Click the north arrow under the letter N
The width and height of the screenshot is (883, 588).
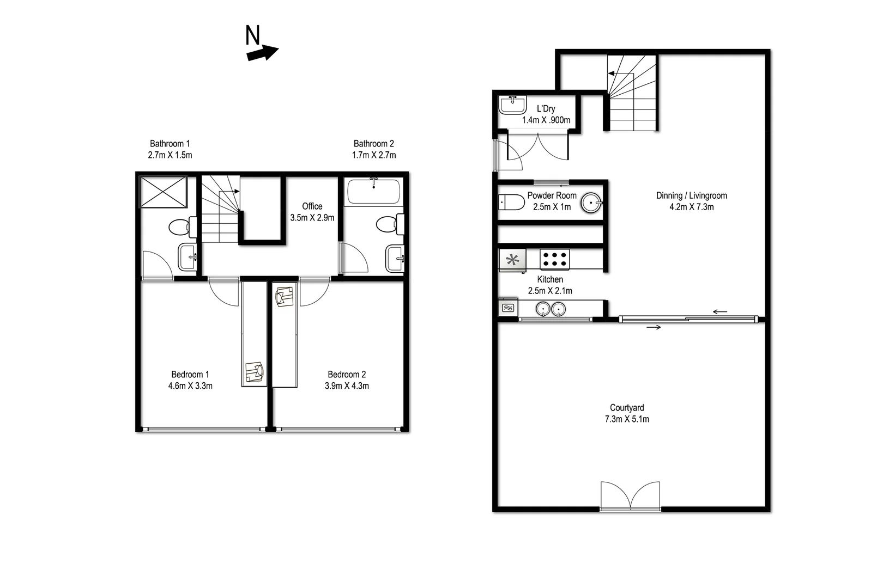[263, 53]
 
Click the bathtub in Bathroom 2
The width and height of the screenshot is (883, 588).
[374, 192]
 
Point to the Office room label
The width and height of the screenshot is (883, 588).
[312, 206]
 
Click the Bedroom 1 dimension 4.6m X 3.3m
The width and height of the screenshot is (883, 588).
[190, 386]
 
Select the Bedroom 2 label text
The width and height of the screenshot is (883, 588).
[347, 375]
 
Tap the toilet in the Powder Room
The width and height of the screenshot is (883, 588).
[511, 203]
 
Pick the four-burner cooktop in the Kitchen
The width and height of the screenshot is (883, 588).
[555, 259]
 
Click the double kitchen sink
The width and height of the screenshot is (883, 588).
[551, 309]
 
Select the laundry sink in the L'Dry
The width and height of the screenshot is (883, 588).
[512, 105]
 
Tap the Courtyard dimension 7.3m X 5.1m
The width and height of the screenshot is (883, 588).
[627, 419]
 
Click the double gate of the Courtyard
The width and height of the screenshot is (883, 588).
[630, 496]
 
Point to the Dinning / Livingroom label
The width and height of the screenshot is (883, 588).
[691, 195]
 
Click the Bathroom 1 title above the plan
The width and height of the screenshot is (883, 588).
[170, 144]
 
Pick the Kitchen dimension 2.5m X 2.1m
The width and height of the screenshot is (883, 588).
[550, 291]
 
